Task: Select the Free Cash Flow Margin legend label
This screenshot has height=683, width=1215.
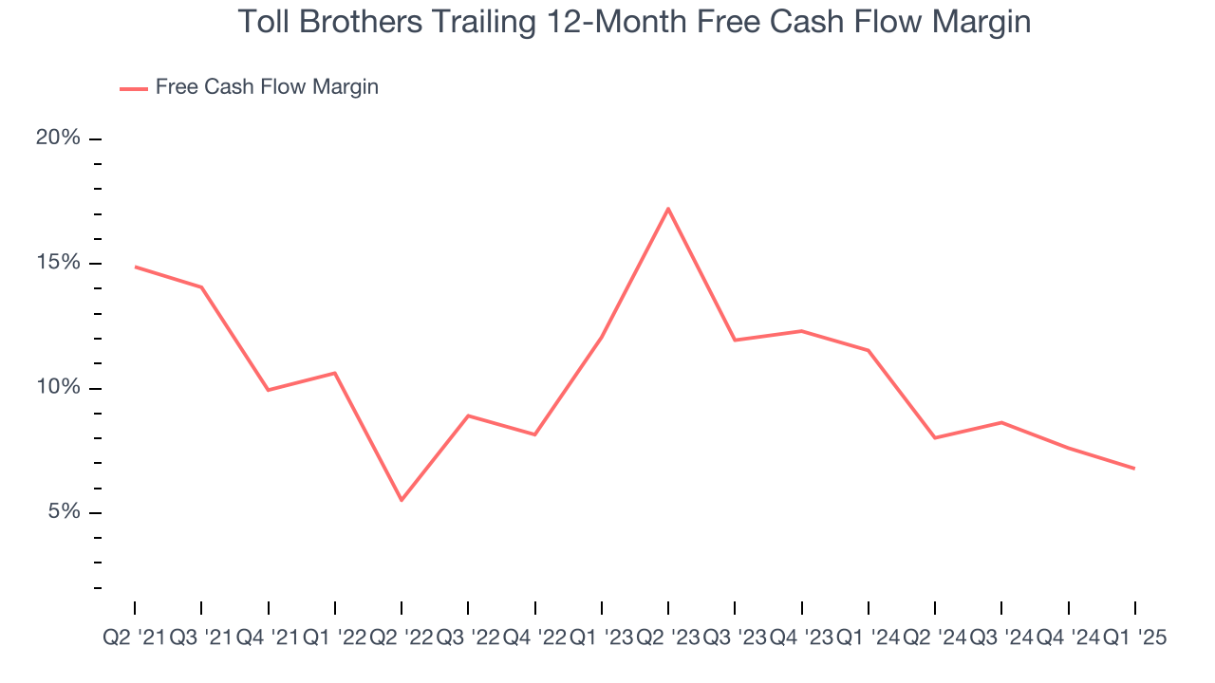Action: click(267, 87)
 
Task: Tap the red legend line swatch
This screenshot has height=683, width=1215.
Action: click(134, 88)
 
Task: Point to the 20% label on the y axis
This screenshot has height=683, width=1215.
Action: click(58, 138)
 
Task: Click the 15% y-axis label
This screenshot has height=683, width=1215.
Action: click(58, 263)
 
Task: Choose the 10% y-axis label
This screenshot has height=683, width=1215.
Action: click(58, 388)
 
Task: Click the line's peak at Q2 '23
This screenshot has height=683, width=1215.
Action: click(668, 209)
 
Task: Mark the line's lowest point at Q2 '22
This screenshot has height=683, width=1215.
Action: click(402, 500)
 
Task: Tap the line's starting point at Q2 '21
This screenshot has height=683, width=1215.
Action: click(135, 267)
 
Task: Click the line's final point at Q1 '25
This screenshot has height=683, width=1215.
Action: click(1134, 469)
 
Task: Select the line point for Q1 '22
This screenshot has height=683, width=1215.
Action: click(335, 373)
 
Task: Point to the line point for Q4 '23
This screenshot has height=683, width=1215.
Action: click(802, 331)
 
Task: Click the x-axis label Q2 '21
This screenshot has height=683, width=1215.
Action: click(134, 638)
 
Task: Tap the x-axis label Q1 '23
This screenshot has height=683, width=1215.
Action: click(601, 638)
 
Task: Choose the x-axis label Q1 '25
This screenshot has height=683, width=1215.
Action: click(1134, 638)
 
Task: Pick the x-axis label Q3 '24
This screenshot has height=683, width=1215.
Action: click(1001, 638)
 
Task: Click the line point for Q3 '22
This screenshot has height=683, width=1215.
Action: click(468, 415)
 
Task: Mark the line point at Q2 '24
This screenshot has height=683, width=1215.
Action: click(935, 437)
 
